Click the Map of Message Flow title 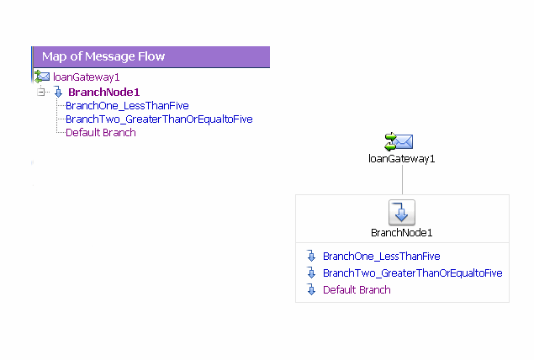coord(103,56)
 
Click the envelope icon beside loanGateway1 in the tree coord(42,77)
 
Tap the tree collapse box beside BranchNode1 coord(40,92)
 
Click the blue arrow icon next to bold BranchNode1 coord(58,92)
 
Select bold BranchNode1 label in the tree coord(104,92)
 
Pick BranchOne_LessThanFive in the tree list coord(127,105)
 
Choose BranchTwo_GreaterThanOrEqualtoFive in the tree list coord(159,119)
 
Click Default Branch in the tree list coord(101,132)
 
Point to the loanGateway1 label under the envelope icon coord(402,158)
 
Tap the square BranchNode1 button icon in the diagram coord(402,213)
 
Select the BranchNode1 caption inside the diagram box coord(402,232)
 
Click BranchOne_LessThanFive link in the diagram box coord(381,256)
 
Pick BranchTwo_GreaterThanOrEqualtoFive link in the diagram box coord(412,273)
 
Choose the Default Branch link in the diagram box coord(357,289)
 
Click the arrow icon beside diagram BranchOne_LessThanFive coord(311,256)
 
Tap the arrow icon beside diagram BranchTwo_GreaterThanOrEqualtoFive coord(311,273)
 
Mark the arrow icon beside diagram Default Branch coord(311,289)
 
